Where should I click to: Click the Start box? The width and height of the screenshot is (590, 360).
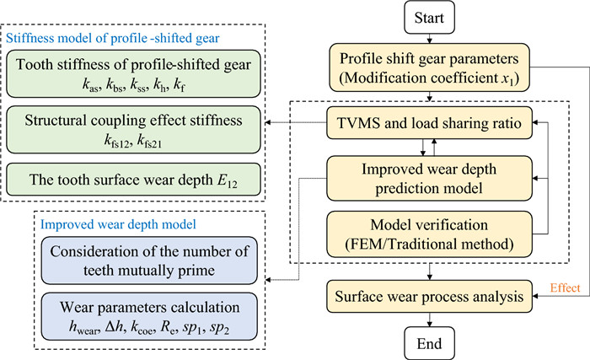coord(431,17)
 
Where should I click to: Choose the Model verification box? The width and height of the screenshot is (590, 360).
coord(431,229)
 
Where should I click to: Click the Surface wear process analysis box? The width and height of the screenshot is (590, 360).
coord(431,296)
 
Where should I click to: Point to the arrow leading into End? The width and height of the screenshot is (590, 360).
coord(431,318)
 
